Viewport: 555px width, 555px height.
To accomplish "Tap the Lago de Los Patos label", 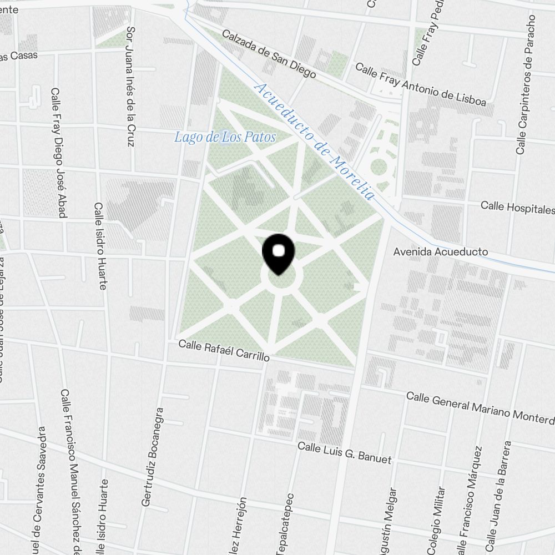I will click(225, 137).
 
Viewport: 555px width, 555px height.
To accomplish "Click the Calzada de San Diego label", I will click(269, 53).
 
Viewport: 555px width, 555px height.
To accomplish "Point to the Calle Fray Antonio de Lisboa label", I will click(420, 84).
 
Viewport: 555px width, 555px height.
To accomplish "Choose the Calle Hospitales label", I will click(517, 208).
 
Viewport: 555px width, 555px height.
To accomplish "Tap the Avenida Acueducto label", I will click(441, 252).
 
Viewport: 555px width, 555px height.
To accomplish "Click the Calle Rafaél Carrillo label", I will click(224, 351).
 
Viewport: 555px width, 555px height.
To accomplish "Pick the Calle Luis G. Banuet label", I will click(344, 453).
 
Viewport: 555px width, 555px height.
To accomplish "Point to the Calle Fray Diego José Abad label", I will click(58, 153).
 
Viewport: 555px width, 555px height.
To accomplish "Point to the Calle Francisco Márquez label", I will click(467, 500).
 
